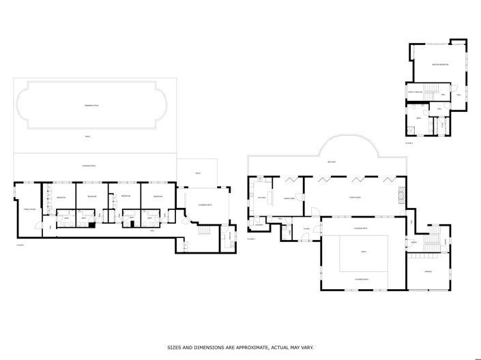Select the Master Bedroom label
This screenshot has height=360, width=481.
coord(439,65)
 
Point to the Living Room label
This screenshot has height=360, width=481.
coord(354,198)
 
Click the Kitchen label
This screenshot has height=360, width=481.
coord(261,198)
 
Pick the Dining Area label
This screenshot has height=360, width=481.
coord(289,198)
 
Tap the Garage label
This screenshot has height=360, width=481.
coord(428,272)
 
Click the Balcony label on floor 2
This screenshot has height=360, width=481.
coord(331,162)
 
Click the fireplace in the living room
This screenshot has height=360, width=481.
coord(401,196)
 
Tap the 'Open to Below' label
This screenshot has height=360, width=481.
coord(416,91)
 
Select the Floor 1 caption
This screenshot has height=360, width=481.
coord(20,243)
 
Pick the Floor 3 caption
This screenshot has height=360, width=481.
coord(409,143)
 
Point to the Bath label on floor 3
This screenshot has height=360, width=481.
coord(419,118)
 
